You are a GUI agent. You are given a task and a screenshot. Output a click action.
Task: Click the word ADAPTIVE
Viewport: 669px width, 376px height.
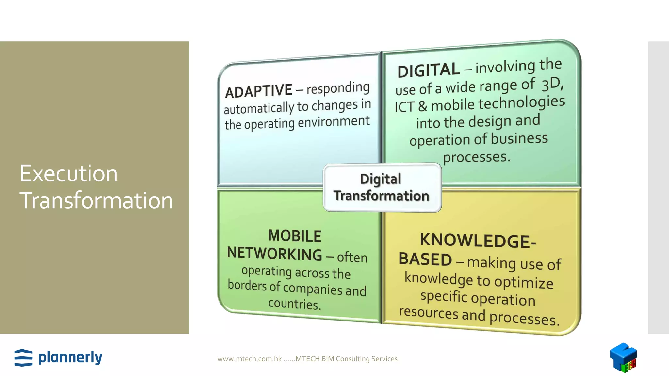(x=258, y=91)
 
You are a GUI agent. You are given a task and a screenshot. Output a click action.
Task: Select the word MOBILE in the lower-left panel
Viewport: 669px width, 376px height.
(x=295, y=236)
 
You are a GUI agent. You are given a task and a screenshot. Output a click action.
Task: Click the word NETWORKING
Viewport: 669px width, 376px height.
(x=275, y=254)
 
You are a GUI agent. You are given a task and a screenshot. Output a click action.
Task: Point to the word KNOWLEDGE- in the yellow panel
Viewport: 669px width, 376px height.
(x=478, y=241)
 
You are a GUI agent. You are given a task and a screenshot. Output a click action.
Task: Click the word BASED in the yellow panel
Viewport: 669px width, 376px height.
(x=425, y=259)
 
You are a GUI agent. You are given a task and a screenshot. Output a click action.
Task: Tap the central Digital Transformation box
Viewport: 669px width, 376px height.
(x=382, y=188)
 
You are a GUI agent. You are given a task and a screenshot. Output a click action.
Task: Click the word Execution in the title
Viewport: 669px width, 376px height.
(x=68, y=173)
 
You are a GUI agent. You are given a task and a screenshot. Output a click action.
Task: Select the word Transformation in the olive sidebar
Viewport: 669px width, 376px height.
(x=96, y=200)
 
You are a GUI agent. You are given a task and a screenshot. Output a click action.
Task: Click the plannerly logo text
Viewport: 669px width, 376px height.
(x=70, y=357)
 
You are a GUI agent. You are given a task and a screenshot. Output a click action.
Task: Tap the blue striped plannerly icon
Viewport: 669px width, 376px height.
(x=24, y=358)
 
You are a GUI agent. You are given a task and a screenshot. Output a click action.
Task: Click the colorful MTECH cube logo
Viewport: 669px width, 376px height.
(x=623, y=357)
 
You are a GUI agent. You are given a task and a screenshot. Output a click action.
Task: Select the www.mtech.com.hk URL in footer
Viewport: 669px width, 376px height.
(x=249, y=359)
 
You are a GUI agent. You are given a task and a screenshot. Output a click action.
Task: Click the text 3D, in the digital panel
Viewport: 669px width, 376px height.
(x=552, y=84)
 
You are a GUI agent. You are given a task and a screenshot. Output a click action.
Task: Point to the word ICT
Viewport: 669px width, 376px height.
(x=404, y=107)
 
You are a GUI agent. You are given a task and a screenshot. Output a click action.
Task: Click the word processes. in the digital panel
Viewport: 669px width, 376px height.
(x=476, y=157)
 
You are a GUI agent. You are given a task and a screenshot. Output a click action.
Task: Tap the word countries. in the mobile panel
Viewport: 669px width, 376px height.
(x=295, y=304)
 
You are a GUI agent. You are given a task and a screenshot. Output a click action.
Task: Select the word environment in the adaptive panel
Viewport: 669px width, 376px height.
(x=334, y=122)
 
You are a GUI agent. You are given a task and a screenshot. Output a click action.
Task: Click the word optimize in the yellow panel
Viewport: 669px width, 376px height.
(x=524, y=282)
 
